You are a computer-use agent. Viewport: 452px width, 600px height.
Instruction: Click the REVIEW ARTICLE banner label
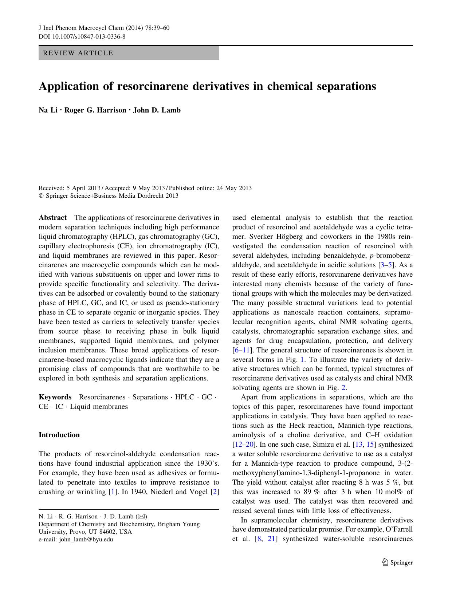pyautogui.click(x=78, y=53)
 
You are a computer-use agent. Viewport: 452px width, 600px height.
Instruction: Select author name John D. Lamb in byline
pyautogui.click(x=157, y=110)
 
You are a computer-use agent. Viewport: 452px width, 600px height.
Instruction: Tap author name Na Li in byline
pyautogui.click(x=48, y=110)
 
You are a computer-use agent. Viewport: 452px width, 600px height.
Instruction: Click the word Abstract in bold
pyautogui.click(x=52, y=218)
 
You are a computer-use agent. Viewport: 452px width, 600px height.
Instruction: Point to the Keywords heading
pyautogui.click(x=55, y=397)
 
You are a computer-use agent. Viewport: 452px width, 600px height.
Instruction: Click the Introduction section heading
pyautogui.click(x=59, y=435)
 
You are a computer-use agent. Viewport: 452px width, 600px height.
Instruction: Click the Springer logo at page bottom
pyautogui.click(x=397, y=562)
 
